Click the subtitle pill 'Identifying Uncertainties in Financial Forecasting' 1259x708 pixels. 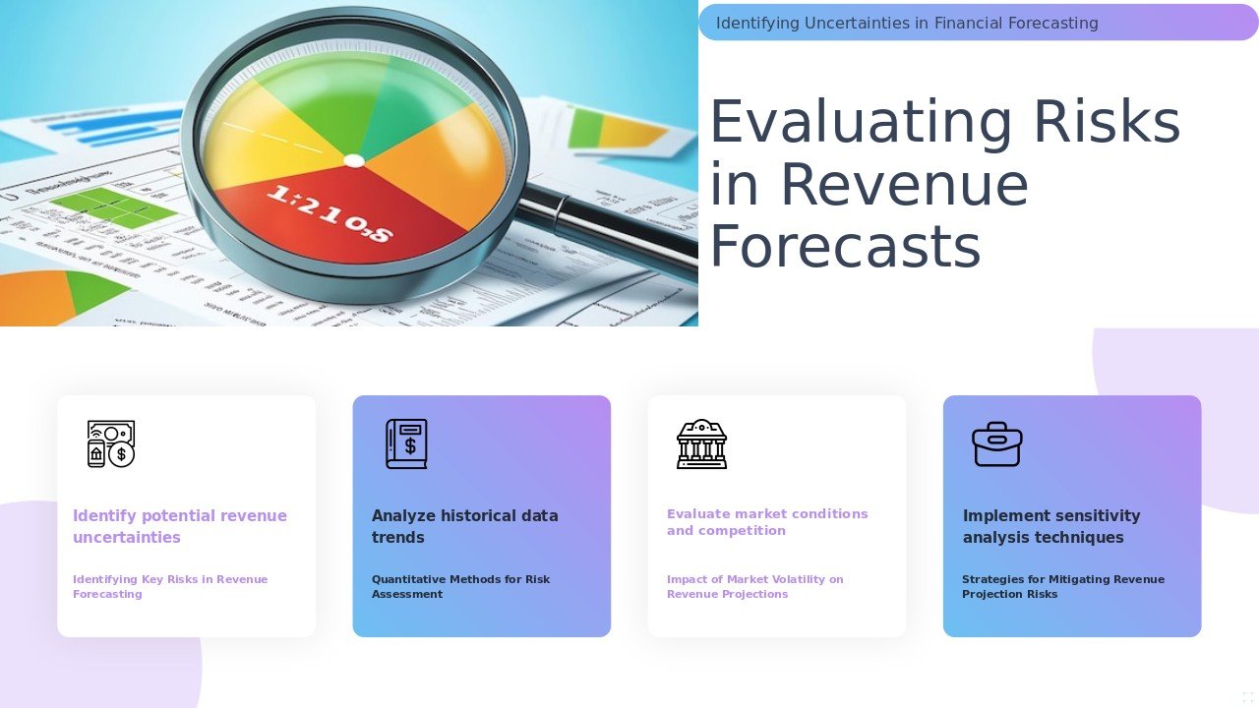(906, 23)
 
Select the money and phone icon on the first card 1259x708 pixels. (111, 443)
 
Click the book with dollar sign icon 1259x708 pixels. (406, 443)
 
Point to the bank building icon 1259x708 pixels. (701, 443)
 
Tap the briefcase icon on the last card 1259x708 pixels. (996, 443)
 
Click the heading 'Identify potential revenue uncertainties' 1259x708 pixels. (180, 526)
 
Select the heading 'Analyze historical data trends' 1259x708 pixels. (464, 526)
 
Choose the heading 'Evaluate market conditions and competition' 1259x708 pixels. (767, 522)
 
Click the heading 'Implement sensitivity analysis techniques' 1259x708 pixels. (1050, 526)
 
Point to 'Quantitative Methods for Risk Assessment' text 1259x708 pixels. (460, 586)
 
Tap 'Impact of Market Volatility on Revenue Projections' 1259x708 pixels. (754, 586)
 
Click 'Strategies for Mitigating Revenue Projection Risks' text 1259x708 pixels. (1062, 586)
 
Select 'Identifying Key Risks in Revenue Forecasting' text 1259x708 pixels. (169, 586)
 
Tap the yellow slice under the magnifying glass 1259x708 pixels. (261, 147)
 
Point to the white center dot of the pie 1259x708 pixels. (354, 160)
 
